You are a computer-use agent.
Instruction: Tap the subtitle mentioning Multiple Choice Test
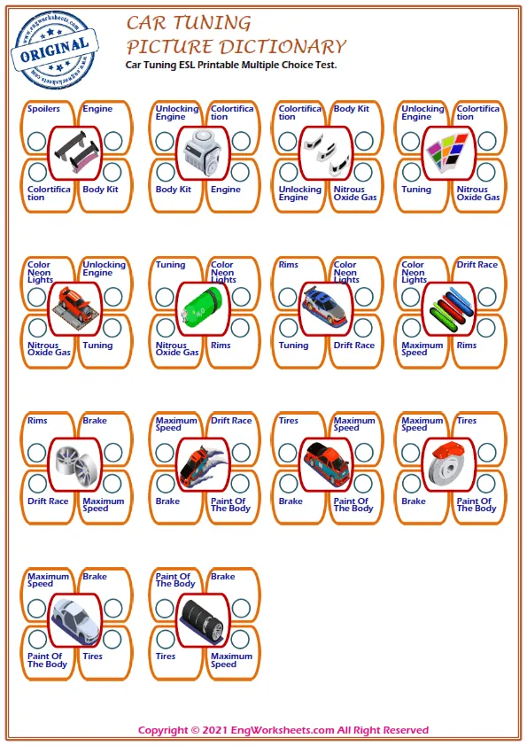tap(231, 65)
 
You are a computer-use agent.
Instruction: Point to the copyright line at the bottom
tap(283, 730)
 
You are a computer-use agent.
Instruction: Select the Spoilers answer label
tap(43, 109)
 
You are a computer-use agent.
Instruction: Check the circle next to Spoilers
tap(37, 141)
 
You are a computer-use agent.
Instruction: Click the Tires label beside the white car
tap(93, 657)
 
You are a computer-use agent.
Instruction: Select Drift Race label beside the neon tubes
tap(477, 265)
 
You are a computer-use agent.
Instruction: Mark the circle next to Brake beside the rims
tap(113, 453)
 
